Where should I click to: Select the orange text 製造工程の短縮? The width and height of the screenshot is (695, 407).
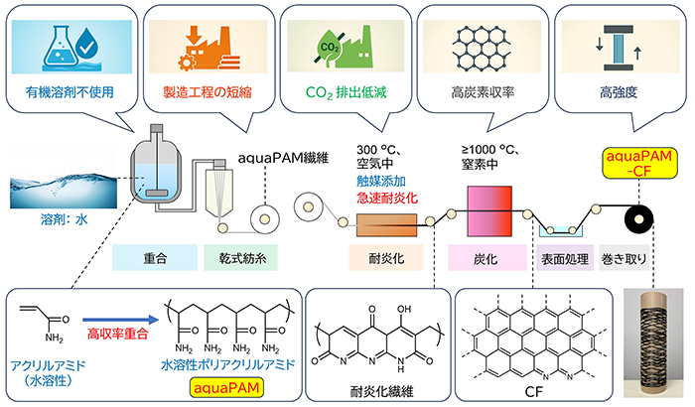(206, 98)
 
